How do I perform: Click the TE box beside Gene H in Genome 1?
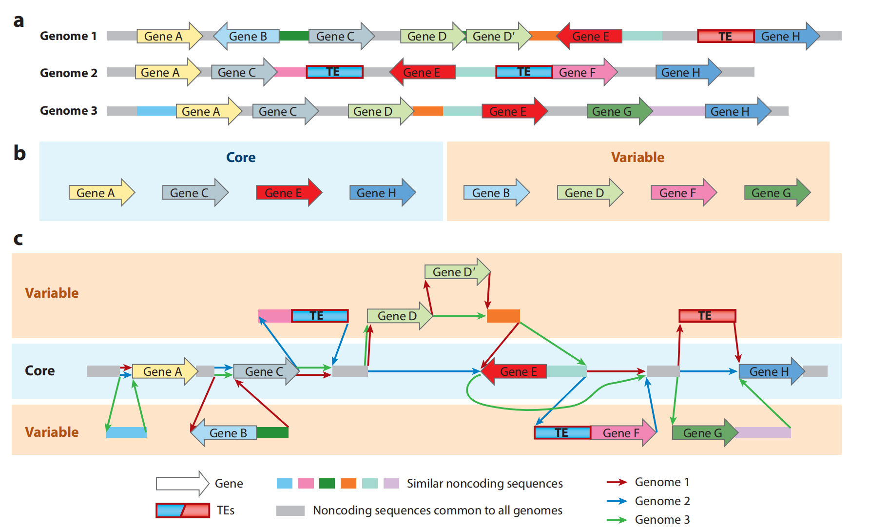click(x=725, y=36)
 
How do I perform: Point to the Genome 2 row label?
click(x=68, y=73)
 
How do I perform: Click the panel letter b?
click(x=19, y=153)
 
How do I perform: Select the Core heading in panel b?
click(x=241, y=157)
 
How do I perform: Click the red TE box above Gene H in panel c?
click(x=707, y=316)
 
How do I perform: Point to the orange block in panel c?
click(x=503, y=316)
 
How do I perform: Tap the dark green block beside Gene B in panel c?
click(x=272, y=433)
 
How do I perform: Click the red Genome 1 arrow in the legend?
click(x=617, y=482)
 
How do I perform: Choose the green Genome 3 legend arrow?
click(x=617, y=520)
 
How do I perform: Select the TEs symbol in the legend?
click(x=183, y=511)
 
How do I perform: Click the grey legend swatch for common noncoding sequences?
click(x=290, y=511)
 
